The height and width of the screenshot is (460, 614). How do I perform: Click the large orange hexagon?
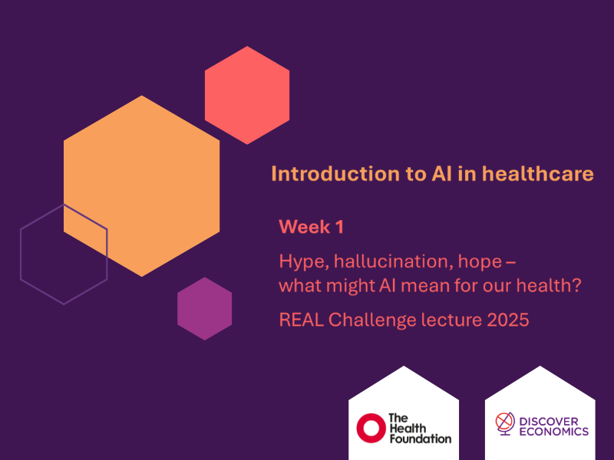click(x=142, y=184)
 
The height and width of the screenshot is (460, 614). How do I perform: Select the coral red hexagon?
click(x=247, y=95)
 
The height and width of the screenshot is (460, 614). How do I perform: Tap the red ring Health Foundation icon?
click(x=370, y=427)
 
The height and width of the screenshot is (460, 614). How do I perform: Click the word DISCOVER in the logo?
click(x=553, y=421)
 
